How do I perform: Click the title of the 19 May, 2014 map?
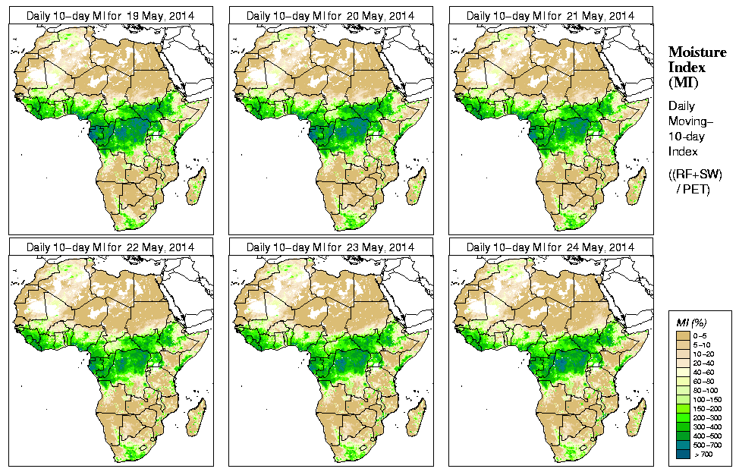pyautogui.click(x=110, y=16)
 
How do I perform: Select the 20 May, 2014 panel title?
pyautogui.click(x=330, y=16)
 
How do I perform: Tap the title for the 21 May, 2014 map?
pyautogui.click(x=550, y=16)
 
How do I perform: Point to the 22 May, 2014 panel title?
pyautogui.click(x=110, y=247)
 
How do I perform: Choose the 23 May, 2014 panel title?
pyautogui.click(x=330, y=247)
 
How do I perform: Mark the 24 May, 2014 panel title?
pyautogui.click(x=550, y=247)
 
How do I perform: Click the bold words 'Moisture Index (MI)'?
pyautogui.click(x=697, y=66)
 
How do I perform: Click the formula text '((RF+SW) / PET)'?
pyautogui.click(x=696, y=181)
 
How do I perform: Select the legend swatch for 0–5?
pyautogui.click(x=683, y=335)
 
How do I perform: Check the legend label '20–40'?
pyautogui.click(x=706, y=363)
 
